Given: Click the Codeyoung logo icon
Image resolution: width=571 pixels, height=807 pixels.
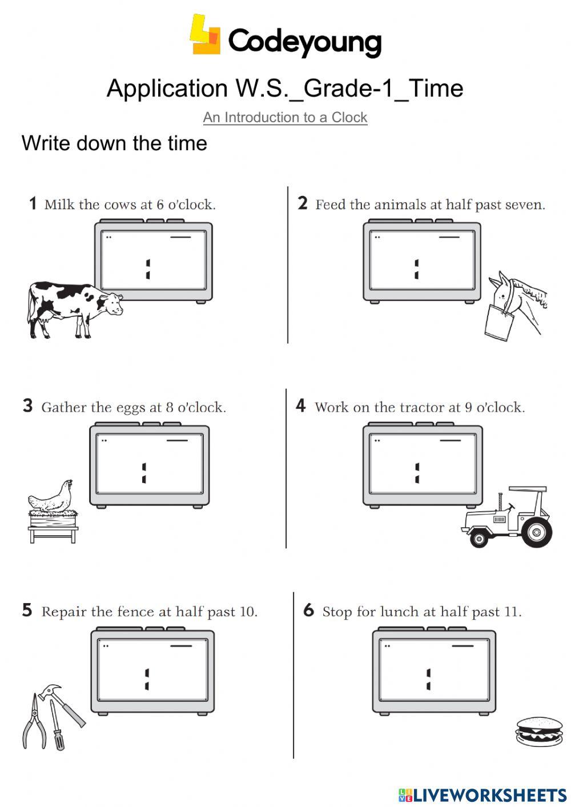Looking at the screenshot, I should (205, 35).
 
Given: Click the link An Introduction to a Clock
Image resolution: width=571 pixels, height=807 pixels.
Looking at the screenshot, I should (285, 117).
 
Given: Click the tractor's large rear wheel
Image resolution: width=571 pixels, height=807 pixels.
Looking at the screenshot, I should (536, 531).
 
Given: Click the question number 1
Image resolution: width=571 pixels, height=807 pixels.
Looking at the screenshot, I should (33, 203).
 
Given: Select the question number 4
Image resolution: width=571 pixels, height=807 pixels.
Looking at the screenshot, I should (301, 406).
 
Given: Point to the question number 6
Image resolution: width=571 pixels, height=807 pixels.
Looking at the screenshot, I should (308, 611).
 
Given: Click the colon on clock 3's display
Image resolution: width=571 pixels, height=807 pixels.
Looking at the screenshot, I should (144, 473).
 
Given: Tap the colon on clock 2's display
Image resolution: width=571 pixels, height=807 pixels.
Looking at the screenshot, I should (417, 269).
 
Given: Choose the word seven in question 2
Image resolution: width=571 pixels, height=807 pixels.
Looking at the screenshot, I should (523, 204).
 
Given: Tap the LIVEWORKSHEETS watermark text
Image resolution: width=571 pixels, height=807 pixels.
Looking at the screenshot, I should (489, 795).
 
